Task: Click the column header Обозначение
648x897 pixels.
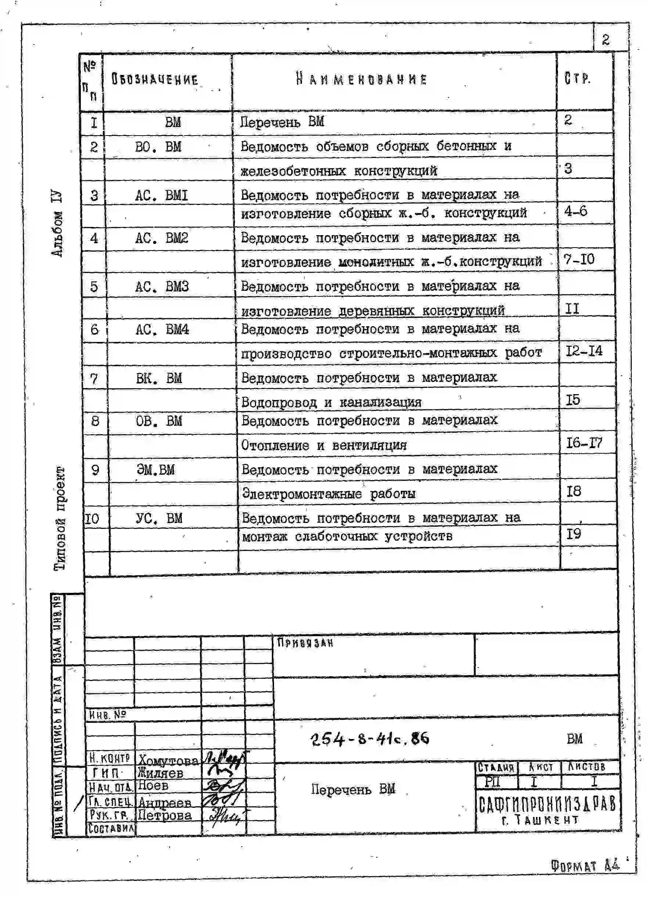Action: click(154, 79)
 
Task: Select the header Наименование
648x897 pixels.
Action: click(361, 79)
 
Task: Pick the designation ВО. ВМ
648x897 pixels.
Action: click(158, 147)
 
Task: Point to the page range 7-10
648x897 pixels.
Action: click(579, 260)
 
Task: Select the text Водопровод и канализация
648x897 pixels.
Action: click(331, 402)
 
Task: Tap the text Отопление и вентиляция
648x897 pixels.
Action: click(324, 445)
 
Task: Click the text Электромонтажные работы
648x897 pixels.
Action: click(329, 494)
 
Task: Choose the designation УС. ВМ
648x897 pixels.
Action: click(159, 518)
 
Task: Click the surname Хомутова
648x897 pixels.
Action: click(168, 760)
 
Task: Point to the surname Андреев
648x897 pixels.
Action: click(165, 803)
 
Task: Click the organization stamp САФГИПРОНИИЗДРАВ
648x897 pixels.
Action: click(547, 804)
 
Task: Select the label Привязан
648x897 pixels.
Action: click(305, 643)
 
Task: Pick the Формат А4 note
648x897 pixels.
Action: click(585, 867)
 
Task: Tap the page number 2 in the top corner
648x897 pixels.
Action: click(605, 40)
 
